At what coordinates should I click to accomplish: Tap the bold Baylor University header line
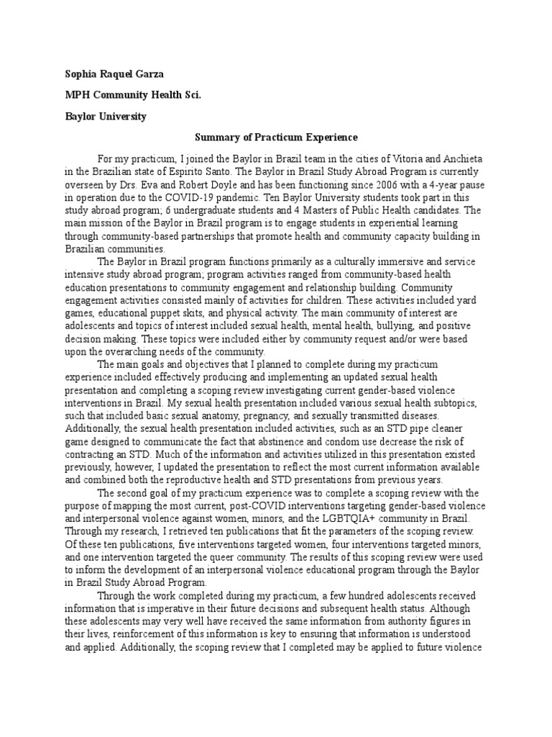pyautogui.click(x=106, y=117)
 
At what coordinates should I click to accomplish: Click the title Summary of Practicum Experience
pyautogui.click(x=277, y=137)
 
